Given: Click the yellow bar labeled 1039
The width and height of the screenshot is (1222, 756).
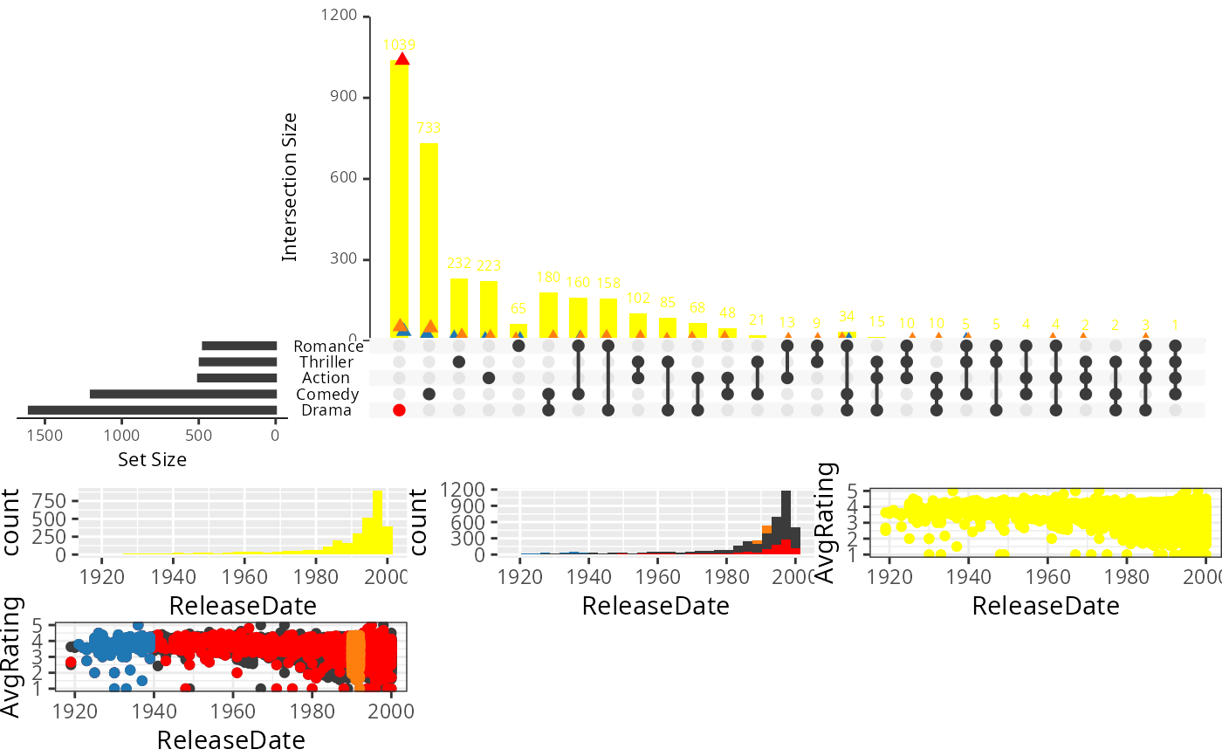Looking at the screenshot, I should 399,201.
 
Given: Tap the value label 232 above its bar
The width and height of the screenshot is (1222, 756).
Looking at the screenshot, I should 458,263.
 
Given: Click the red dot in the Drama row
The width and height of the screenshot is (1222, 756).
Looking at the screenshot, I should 399,410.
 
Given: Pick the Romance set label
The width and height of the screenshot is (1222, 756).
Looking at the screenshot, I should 328,347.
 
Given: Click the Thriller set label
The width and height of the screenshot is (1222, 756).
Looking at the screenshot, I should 326,362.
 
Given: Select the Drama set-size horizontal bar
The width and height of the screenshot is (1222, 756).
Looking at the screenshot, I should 152,410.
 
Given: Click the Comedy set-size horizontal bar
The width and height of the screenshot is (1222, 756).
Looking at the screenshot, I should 183,395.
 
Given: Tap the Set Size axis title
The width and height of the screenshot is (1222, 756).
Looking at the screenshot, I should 152,458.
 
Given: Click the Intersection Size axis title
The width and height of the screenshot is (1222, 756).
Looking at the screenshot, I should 290,187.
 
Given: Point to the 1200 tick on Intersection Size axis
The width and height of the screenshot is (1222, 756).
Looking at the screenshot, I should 339,16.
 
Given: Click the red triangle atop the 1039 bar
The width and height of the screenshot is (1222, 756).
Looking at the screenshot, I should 402,58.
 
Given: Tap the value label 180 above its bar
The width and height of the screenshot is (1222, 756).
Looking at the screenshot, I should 548,278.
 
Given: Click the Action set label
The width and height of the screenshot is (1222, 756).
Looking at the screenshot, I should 326,378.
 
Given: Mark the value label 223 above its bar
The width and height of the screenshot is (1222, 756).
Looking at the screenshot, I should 489,265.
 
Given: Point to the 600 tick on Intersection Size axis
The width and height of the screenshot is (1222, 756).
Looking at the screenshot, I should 344,178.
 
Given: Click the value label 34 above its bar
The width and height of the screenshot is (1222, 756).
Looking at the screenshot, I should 847,316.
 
